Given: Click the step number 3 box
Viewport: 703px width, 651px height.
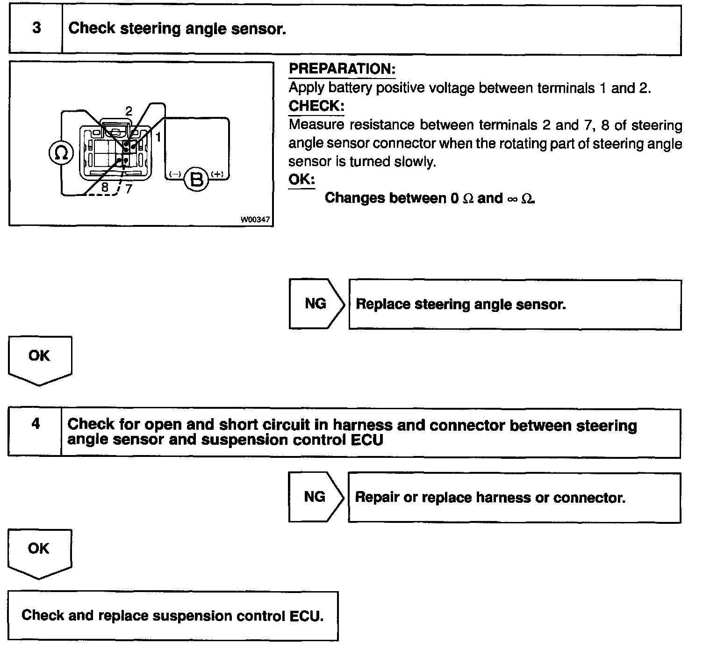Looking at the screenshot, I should click(x=36, y=29).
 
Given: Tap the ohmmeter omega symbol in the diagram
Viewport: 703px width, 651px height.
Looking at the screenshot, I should click(x=61, y=153).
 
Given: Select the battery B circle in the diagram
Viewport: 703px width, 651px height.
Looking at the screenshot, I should click(x=197, y=179).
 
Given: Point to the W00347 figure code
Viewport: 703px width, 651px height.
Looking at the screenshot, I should click(x=255, y=219).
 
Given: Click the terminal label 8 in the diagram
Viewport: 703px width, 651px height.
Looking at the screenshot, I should click(x=105, y=187).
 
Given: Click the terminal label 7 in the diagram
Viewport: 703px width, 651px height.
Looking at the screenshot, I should click(x=129, y=188).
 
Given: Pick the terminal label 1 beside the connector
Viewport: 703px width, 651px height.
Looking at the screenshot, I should click(x=158, y=137).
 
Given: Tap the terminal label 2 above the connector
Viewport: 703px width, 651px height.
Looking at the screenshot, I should click(x=129, y=111).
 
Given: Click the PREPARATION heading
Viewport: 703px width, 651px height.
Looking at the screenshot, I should click(x=342, y=69).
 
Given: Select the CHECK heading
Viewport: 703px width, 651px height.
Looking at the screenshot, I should click(x=316, y=106).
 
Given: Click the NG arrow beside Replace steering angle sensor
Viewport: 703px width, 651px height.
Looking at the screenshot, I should click(x=316, y=304).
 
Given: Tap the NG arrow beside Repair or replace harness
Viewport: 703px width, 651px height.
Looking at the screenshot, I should click(x=315, y=497).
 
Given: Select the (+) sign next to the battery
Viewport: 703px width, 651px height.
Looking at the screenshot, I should click(x=217, y=174).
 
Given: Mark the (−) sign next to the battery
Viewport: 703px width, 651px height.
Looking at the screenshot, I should click(x=175, y=174).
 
